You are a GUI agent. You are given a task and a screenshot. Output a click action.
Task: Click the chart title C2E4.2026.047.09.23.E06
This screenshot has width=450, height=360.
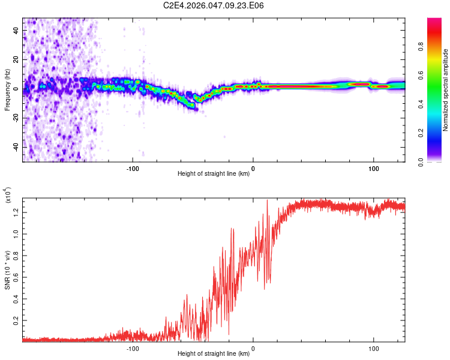(x=214, y=5)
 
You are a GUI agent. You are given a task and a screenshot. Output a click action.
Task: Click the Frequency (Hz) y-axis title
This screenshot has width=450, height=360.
(x=8, y=90)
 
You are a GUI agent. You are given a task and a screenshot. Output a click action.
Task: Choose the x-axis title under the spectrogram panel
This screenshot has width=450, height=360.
(x=214, y=174)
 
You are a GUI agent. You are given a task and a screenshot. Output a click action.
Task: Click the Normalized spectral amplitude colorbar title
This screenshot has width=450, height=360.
(x=445, y=90)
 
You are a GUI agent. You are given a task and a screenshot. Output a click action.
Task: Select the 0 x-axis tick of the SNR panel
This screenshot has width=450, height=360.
(x=253, y=349)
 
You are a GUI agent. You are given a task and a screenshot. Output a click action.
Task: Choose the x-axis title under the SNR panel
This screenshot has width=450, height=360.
(x=214, y=354)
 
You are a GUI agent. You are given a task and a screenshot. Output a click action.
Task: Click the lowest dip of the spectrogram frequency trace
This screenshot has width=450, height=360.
(x=194, y=109)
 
